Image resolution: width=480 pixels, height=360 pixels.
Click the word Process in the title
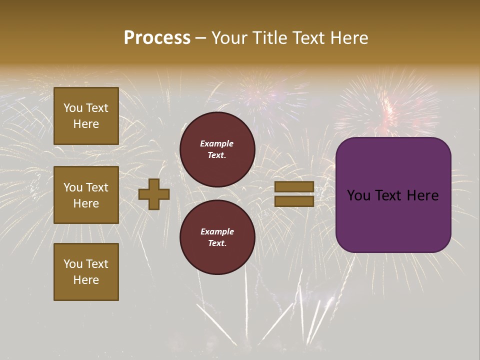pos(157,38)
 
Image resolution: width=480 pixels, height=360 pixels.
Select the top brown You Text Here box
pos(86,116)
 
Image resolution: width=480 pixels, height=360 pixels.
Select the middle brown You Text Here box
pos(86,195)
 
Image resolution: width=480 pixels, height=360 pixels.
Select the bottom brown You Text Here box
pos(86,271)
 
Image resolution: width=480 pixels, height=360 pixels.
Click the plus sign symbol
pos(154,194)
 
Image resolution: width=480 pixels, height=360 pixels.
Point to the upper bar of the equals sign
pos(294,187)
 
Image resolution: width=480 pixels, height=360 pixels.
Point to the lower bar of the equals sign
pos(294,201)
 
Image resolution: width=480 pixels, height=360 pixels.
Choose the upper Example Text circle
pos(217,149)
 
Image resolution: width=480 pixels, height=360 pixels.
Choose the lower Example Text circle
pos(217,237)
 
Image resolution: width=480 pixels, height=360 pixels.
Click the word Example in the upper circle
pos(217,143)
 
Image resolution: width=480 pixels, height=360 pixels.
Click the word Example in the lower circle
pos(217,231)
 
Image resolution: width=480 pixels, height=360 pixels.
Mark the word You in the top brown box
pos(73,108)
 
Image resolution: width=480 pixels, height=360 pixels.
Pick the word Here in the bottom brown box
pos(86,280)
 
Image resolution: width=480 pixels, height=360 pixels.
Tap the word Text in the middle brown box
pos(96,187)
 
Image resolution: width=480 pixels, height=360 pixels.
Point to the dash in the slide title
pos(201,38)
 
